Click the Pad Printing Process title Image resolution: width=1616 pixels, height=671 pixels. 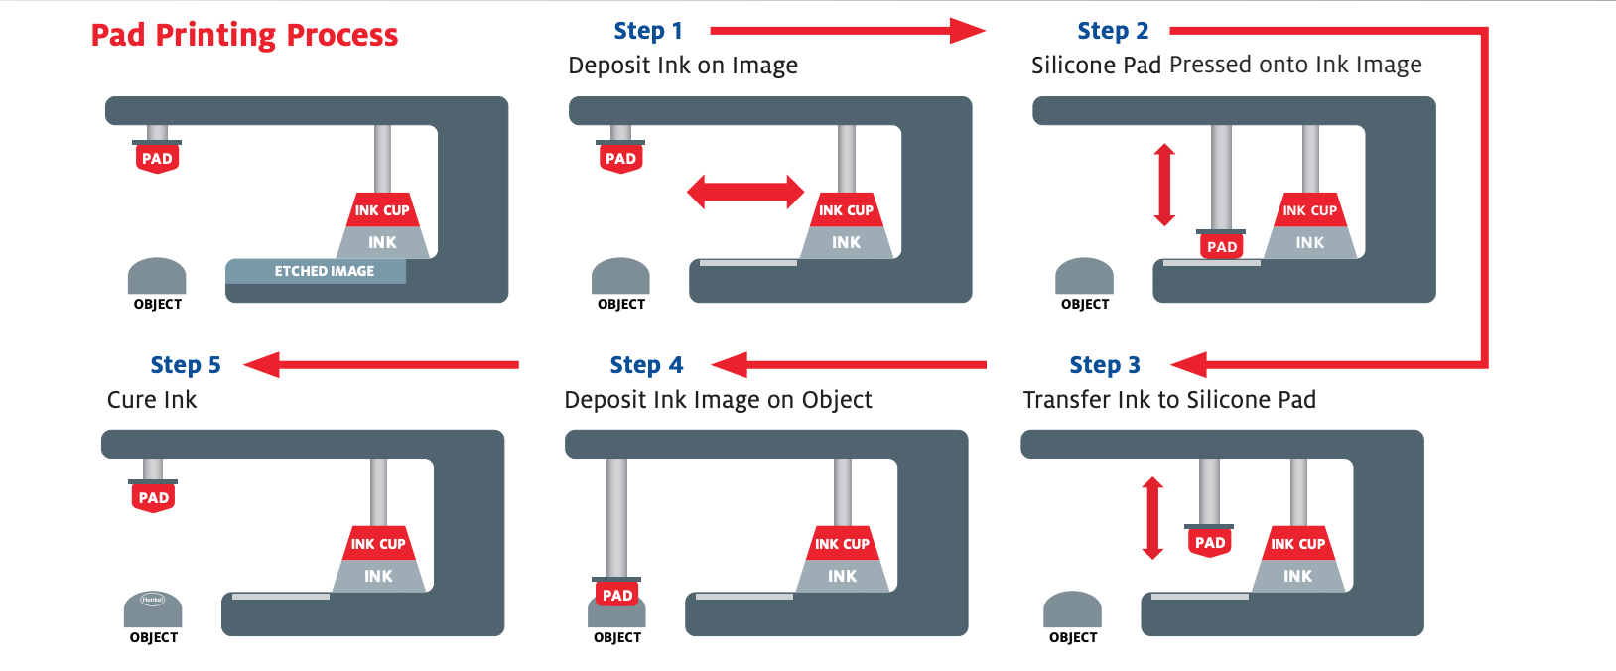244,36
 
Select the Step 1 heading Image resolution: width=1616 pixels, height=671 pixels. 648,31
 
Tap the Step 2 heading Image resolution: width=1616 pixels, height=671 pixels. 1113,31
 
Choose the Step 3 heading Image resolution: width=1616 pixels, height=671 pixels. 1105,365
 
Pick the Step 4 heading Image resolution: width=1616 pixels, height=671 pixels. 646,365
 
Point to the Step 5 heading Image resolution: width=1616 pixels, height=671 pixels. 186,365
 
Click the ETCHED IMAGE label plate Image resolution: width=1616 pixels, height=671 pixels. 316,271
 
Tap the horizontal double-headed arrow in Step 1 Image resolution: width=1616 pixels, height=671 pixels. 745,192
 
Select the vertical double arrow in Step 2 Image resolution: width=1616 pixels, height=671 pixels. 1165,185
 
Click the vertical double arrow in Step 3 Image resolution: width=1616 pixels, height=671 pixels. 1152,518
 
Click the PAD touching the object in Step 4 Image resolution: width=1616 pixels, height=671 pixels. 617,595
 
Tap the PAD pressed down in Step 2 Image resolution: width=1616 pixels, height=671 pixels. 1222,246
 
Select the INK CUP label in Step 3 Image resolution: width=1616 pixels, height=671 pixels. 1298,544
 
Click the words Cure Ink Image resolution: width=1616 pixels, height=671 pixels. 152,400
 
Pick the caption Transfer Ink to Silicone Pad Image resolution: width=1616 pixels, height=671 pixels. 1169,400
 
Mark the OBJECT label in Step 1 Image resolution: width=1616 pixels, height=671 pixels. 621,305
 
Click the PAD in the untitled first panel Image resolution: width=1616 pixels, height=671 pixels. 157,159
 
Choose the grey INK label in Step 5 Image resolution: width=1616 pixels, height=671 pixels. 378,576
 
